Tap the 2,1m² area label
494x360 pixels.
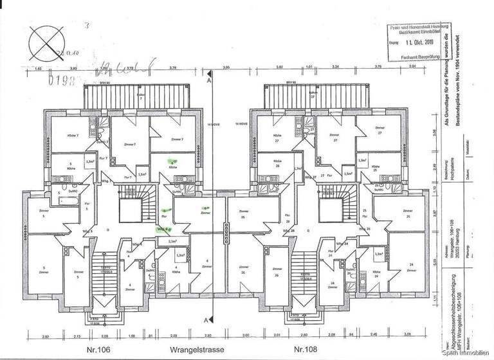(172, 242)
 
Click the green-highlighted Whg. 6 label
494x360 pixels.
(164, 228)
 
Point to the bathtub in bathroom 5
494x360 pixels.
(67, 202)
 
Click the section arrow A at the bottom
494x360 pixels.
(206, 319)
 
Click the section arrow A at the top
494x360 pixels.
(209, 82)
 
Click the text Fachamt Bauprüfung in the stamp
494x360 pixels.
(419, 57)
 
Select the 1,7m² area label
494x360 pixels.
(297, 169)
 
